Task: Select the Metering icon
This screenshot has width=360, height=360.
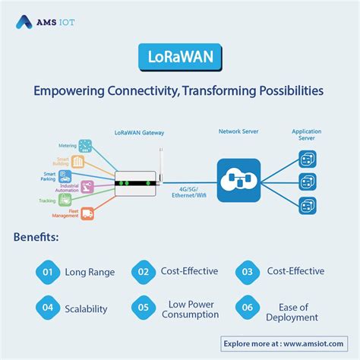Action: [x=86, y=144]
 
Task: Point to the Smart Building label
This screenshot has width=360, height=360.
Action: [x=62, y=161]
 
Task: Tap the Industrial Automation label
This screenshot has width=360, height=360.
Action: [x=68, y=187]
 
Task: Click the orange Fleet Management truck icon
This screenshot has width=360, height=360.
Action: [x=87, y=213]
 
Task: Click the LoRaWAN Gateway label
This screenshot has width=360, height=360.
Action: [x=138, y=133]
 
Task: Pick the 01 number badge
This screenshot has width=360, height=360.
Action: [x=47, y=271]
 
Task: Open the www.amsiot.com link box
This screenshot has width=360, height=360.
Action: [x=286, y=343]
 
